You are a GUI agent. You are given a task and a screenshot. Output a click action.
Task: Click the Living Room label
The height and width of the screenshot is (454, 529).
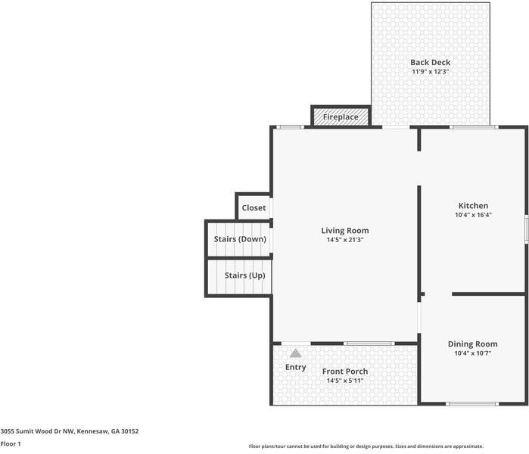pos(345,231)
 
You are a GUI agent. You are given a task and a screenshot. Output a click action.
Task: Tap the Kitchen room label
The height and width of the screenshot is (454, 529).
pos(473,206)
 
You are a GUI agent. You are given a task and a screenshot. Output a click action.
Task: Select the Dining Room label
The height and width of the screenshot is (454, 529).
pos(473,344)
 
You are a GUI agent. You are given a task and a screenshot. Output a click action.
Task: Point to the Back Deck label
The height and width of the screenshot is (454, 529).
pos(430,63)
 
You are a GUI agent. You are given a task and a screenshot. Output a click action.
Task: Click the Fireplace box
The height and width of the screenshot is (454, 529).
pos(341,117)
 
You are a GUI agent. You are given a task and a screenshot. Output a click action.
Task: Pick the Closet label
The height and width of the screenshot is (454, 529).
pos(254,208)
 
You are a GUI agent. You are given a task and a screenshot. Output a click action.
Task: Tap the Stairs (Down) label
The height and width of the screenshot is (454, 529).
pos(240,239)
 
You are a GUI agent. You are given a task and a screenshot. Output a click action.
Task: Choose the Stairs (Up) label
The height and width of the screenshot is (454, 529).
pos(244,275)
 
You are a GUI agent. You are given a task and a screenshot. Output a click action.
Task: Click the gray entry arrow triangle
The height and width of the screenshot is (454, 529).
pos(296,353)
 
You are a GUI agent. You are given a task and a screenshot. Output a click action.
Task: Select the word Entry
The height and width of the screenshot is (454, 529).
pos(296,368)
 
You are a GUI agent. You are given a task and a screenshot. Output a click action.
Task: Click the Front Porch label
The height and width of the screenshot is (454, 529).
pos(345,372)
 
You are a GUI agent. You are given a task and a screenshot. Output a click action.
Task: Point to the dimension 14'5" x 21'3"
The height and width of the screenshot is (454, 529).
pos(345,240)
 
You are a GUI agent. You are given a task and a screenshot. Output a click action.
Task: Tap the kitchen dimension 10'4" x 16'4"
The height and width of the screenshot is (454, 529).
pos(473,215)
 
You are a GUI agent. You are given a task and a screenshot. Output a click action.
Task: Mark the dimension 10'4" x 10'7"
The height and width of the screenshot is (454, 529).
pos(473,353)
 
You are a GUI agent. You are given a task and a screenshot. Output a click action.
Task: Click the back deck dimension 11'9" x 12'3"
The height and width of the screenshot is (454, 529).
pos(430,72)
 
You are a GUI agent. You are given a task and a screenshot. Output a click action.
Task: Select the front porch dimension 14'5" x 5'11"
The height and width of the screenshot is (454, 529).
pos(345,381)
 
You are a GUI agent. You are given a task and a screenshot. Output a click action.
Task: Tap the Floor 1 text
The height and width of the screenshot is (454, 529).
pos(11,444)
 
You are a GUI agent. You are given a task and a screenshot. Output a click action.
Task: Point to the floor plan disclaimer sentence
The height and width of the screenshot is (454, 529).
pos(366,446)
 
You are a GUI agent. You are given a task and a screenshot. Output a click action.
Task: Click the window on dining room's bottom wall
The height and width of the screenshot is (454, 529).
pos(471,404)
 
